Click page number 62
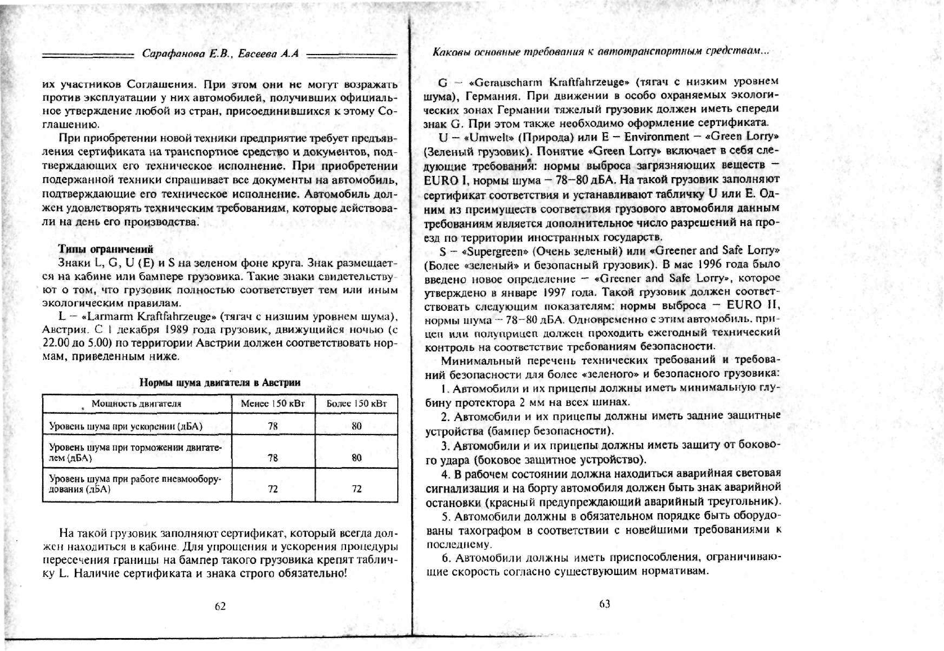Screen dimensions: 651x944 click(x=220, y=606)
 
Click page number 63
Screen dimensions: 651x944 click(x=604, y=604)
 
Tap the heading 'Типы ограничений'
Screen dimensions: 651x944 click(x=106, y=249)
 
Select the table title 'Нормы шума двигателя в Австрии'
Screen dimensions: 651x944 click(x=219, y=383)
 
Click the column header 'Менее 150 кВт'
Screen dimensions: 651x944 click(x=273, y=404)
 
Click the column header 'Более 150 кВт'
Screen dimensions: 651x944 click(x=357, y=404)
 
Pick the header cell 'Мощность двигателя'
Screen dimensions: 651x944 click(x=136, y=404)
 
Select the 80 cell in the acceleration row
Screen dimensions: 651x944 click(x=357, y=426)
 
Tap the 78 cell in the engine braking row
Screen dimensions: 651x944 click(x=273, y=458)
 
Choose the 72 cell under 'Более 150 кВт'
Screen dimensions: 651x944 click(x=357, y=489)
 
